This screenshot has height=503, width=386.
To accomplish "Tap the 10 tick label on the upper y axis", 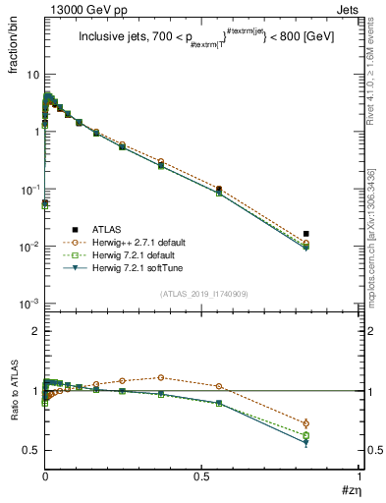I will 32,75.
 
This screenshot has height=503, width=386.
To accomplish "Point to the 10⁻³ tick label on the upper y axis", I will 29,304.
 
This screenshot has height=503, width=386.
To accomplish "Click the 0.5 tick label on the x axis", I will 201,475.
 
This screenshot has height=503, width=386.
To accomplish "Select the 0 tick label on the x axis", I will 45,475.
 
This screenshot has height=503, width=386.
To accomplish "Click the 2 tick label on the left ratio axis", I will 34,332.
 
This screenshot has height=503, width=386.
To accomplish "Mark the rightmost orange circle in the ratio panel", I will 306,423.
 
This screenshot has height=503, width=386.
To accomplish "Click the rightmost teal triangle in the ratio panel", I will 306,443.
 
